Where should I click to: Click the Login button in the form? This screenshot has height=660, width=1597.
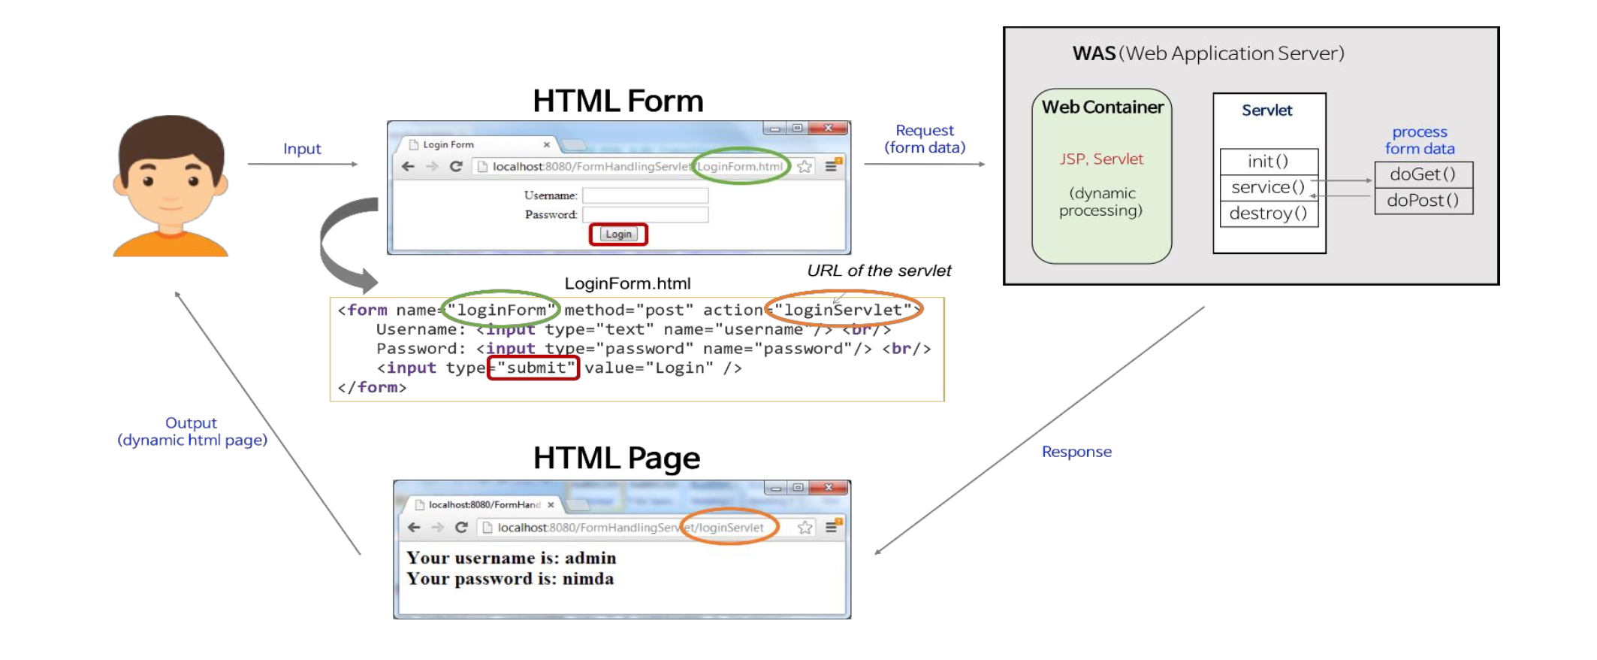(x=618, y=235)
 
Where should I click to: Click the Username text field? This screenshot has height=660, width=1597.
(x=645, y=195)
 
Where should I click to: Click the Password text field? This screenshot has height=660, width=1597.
(x=645, y=215)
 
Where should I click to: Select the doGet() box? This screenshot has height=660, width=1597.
(x=1423, y=174)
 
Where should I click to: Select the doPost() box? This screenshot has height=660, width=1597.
(x=1423, y=201)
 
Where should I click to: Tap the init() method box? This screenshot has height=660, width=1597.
(x=1268, y=162)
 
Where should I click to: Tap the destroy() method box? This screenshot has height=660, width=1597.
(x=1268, y=213)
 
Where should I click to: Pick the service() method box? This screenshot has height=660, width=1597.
(x=1268, y=187)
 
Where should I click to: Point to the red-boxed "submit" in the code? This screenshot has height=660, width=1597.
(x=534, y=368)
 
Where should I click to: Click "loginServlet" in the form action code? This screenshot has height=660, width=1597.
(x=843, y=310)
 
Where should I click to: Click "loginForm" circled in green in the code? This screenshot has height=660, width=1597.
(x=501, y=310)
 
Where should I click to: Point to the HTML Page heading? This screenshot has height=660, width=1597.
(x=617, y=458)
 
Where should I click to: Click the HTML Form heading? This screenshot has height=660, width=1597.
(x=618, y=101)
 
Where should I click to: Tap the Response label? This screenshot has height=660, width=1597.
(x=1076, y=452)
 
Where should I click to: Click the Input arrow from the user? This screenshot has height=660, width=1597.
(x=303, y=164)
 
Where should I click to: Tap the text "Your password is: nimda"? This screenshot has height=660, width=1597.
(x=510, y=579)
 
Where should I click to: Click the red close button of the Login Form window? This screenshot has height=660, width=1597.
(x=829, y=129)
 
